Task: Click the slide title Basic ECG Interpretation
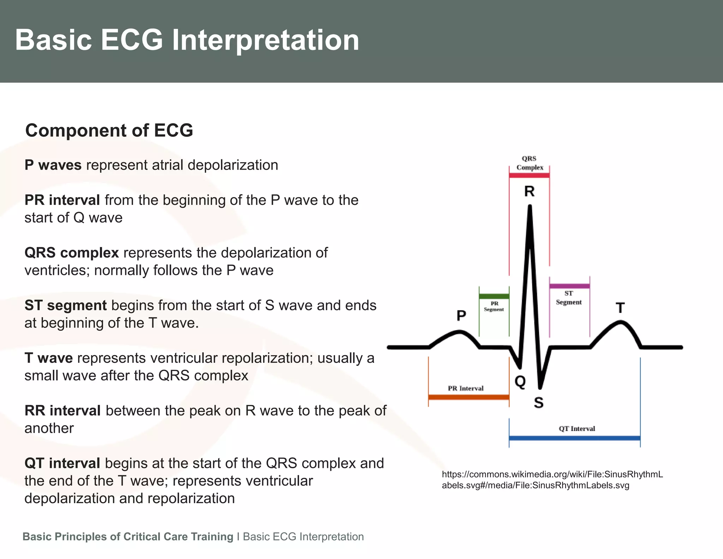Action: tap(187, 40)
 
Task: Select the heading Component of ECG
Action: tap(109, 130)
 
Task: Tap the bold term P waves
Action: tap(53, 165)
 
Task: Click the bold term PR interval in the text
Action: tap(62, 200)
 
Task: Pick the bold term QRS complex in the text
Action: tap(72, 253)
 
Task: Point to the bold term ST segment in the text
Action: tap(66, 305)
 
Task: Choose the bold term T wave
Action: tap(49, 358)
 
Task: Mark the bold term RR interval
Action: tap(62, 411)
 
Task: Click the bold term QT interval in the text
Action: tap(62, 463)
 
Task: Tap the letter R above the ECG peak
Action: tap(529, 191)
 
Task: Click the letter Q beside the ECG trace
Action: tap(520, 381)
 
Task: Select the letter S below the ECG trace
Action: tap(538, 402)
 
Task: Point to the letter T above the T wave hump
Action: tap(620, 308)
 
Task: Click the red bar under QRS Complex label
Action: tap(529, 175)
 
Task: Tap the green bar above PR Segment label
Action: tap(494, 296)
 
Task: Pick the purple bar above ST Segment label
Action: tap(569, 286)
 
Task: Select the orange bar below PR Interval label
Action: tap(468, 397)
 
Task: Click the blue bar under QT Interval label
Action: tap(574, 438)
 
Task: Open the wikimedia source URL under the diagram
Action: tap(552, 479)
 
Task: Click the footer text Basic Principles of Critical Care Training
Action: tap(128, 536)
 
